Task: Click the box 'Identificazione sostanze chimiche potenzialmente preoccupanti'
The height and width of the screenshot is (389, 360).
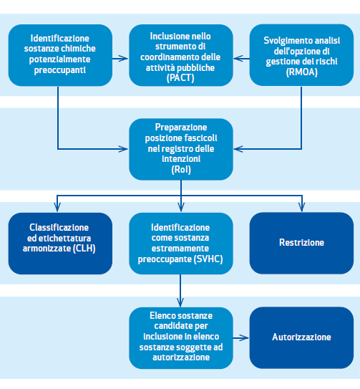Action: pos(60,55)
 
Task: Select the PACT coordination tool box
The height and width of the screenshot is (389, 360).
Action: pos(181,55)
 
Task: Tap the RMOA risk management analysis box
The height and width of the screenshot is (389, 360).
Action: pos(301,55)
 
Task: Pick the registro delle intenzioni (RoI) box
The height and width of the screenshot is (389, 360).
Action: pos(181,149)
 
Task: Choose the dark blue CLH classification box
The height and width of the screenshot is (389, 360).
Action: pos(60,244)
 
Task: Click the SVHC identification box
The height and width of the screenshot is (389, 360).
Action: pos(181,244)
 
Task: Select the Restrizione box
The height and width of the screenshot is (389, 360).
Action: pos(301,243)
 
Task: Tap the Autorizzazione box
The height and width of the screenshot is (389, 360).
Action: pos(301,337)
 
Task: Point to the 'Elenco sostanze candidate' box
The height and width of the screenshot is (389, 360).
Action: pos(181,338)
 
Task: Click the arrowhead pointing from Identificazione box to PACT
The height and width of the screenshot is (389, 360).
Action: pos(124,59)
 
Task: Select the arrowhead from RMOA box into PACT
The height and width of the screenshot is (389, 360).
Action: pos(238,59)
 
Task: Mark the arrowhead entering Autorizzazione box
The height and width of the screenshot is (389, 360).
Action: pos(245,337)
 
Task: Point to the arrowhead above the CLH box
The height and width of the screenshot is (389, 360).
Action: pos(57,207)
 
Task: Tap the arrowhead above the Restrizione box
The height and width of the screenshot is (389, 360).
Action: pos(302,207)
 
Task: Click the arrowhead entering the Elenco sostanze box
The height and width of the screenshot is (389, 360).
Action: pos(180,302)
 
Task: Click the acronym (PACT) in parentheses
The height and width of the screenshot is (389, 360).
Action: pos(180,78)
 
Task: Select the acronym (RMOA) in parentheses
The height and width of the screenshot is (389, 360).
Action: pos(302,72)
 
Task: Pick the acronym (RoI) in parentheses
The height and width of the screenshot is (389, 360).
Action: pos(181,170)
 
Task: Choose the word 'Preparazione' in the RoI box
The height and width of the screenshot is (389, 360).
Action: pos(181,128)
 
